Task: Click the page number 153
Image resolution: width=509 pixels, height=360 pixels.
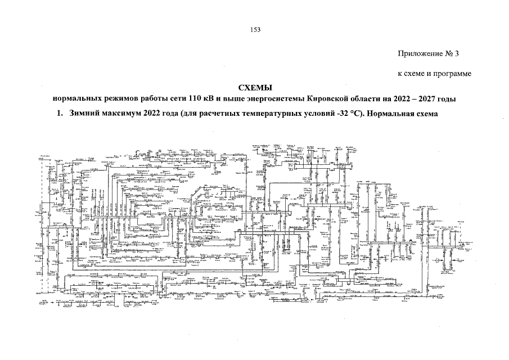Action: point(255,29)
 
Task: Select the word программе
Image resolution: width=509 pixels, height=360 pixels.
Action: point(453,74)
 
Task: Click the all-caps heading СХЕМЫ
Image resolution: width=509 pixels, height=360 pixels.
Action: point(255,88)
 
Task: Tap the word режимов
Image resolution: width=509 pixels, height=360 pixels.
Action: point(113,99)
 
